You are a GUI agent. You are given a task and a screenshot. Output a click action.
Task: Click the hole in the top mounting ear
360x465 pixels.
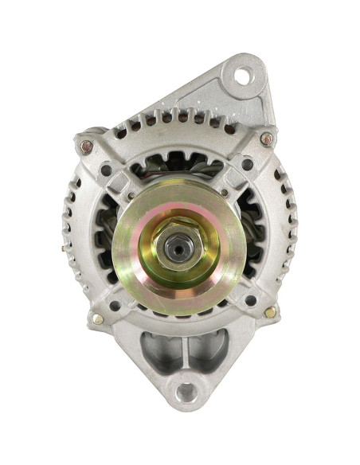242,76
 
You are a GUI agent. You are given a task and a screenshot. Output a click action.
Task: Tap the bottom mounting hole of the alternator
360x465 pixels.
186,391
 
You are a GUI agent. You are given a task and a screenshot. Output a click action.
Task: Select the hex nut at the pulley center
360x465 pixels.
178,247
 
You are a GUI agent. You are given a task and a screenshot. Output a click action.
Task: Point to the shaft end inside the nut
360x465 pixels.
178,248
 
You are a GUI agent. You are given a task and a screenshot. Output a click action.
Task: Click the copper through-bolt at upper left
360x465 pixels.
85,147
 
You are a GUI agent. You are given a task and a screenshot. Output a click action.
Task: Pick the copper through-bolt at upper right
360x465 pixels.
266,139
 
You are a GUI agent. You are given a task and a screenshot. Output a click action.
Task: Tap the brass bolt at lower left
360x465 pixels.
98,318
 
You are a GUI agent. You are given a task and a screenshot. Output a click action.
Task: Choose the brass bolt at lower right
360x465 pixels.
270,313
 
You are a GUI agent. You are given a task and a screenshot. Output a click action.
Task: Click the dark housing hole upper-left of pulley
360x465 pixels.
106,170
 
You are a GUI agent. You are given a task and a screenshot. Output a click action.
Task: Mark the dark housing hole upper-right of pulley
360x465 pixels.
248,165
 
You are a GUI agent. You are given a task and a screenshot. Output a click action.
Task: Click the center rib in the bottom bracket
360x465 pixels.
185,350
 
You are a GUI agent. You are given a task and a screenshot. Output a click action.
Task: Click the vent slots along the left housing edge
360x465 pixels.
72,239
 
